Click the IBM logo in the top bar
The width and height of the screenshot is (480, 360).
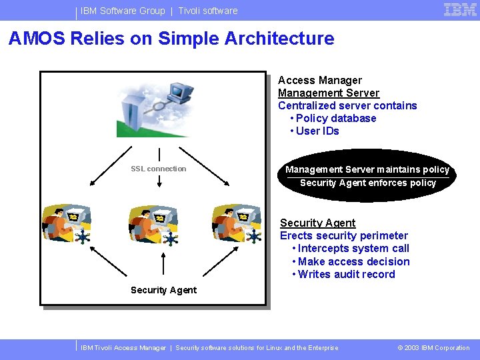460,10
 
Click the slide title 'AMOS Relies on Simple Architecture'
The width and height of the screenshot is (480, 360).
171,39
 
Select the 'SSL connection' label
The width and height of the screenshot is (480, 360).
159,169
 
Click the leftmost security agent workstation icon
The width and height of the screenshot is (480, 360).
67,224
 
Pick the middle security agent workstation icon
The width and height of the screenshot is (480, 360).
154,224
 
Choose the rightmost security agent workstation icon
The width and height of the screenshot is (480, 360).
237,224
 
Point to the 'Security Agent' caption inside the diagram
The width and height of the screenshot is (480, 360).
163,290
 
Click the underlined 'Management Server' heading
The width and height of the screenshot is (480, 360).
328,93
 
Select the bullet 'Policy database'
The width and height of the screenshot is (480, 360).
336,118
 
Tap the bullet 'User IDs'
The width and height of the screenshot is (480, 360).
317,131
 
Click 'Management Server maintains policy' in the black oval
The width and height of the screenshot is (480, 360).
367,169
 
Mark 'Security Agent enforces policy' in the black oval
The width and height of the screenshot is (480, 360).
368,183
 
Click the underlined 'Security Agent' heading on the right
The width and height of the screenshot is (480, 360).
317,223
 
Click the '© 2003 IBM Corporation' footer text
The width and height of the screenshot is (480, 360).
433,347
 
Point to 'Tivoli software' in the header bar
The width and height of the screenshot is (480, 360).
207,11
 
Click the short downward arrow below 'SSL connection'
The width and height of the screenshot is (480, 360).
159,181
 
